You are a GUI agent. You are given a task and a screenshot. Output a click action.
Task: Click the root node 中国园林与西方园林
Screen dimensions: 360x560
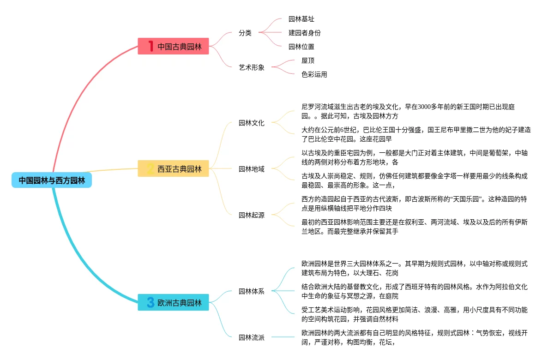pos(52,180)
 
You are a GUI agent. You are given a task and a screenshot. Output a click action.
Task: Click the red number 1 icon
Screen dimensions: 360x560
pos(151,46)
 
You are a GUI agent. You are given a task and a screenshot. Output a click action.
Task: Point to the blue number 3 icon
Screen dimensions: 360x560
pos(151,303)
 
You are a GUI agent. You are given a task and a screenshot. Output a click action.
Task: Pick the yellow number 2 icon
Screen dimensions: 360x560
pos(151,169)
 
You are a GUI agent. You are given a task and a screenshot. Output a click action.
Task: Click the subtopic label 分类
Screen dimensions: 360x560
pos(245,33)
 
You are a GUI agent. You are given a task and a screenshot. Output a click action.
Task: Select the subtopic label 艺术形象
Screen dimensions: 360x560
pos(252,67)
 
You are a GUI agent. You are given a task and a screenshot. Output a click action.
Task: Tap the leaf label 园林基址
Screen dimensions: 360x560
pos(301,19)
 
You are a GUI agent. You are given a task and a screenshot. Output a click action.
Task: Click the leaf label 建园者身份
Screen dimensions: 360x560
pos(305,33)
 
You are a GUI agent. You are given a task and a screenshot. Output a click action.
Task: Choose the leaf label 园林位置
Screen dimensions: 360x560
pos(301,47)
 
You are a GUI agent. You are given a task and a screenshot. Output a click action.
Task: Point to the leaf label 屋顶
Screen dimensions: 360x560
pos(308,60)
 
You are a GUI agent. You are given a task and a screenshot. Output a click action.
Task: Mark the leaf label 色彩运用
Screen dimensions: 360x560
pos(314,74)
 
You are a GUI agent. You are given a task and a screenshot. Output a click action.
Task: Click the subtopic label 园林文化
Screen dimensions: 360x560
pos(252,123)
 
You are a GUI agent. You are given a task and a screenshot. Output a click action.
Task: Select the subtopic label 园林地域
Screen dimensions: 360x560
pos(252,169)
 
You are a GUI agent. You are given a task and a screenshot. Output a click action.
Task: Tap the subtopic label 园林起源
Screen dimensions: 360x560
pos(252,215)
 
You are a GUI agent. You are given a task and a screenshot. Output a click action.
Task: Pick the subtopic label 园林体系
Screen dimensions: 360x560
pos(252,291)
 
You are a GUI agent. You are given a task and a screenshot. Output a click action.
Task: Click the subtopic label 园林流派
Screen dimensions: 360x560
pos(252,337)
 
